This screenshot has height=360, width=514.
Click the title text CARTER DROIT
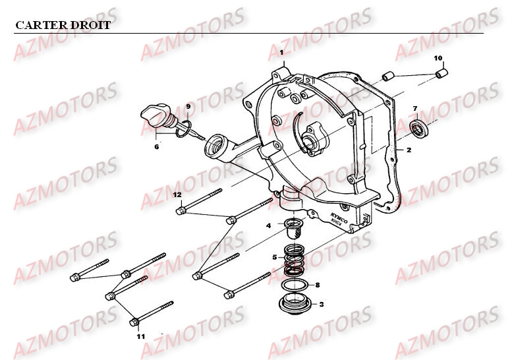point(63,26)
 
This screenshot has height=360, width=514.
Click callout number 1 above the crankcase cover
point(281,52)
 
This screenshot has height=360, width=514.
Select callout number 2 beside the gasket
point(427,150)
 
